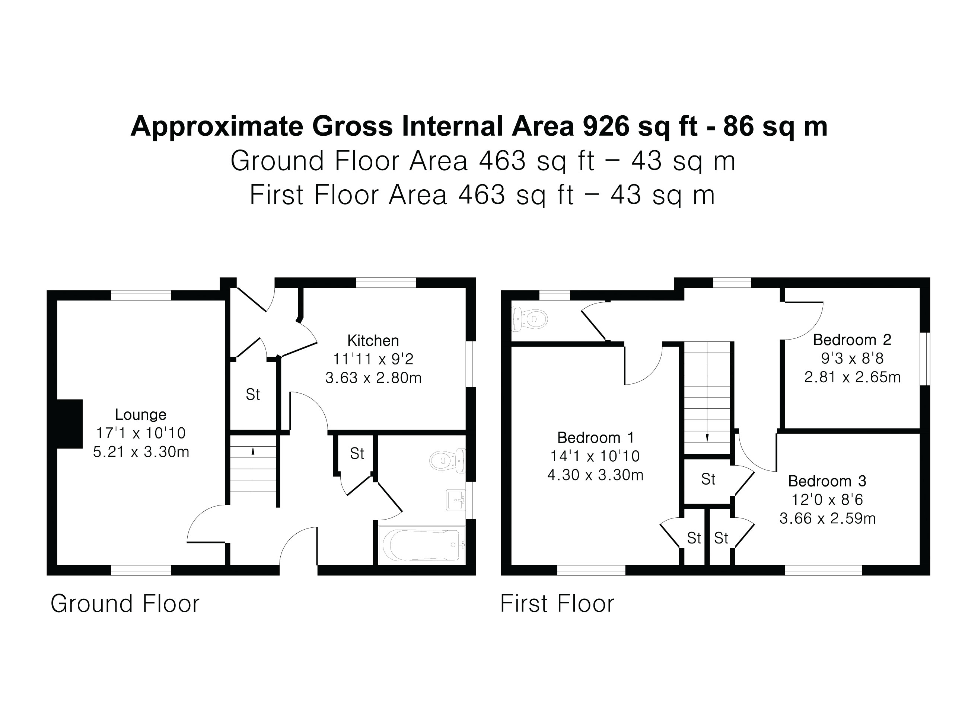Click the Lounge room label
(x=140, y=414)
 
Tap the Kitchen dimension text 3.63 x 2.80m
(x=373, y=378)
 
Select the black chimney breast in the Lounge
(x=70, y=424)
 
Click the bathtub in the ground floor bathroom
(x=421, y=545)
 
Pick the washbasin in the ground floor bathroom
(x=455, y=500)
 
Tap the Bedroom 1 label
(x=595, y=437)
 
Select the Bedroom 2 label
(x=852, y=340)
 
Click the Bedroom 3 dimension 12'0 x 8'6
(x=827, y=500)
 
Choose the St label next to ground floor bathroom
(x=357, y=454)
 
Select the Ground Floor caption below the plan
(x=125, y=604)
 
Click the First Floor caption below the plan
(x=557, y=604)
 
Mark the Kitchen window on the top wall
(x=386, y=283)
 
